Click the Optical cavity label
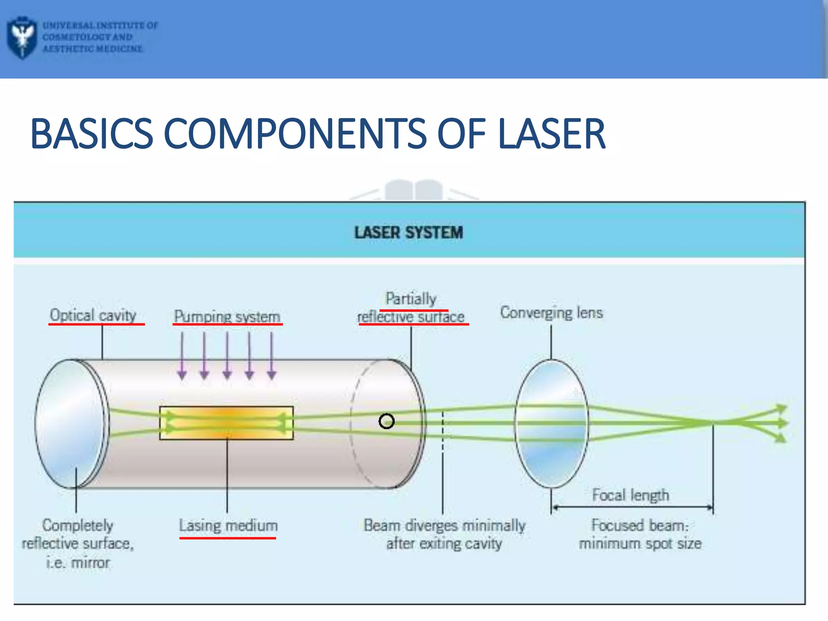(93, 315)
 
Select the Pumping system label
(227, 316)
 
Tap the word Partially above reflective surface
(411, 299)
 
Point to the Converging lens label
(551, 313)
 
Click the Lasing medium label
(228, 526)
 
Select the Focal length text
(630, 495)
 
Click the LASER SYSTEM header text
(408, 232)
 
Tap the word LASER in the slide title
(551, 133)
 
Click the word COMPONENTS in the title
(295, 133)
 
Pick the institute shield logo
(22, 37)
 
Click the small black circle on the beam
(387, 421)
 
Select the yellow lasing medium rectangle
(226, 423)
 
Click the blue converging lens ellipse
(551, 423)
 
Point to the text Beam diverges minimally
(444, 525)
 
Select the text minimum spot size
(640, 543)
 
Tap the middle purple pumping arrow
(227, 356)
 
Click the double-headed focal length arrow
(632, 507)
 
